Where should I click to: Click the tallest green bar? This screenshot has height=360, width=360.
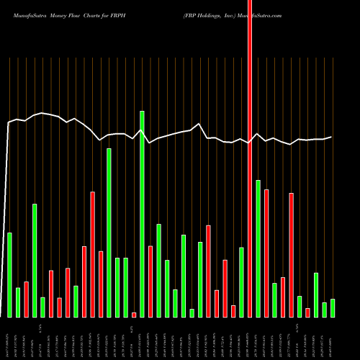tap(142, 214)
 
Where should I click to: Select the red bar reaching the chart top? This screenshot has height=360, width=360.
tap(250, 158)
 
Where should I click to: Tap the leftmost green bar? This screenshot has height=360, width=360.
tap(9, 274)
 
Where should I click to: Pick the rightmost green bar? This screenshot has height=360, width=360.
tap(333, 307)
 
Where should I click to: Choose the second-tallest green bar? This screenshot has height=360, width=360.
tap(109, 233)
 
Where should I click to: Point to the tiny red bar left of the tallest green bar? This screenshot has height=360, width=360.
tap(134, 315)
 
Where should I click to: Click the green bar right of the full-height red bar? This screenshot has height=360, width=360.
tap(258, 248)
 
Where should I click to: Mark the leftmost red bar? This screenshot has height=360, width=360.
tap(26, 299)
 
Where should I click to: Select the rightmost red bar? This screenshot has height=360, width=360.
tap(307, 312)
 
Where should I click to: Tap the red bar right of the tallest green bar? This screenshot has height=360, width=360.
tap(150, 281)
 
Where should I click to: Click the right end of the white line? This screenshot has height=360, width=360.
tap(331, 137)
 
